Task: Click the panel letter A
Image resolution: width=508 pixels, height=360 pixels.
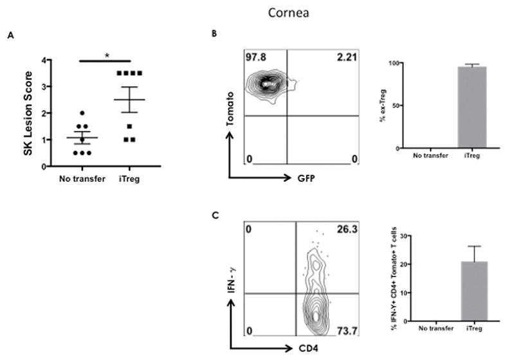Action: [x=10, y=37]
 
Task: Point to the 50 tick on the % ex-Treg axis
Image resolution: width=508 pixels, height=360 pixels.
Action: [x=401, y=106]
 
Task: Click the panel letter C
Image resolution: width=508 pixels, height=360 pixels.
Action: [x=215, y=217]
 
